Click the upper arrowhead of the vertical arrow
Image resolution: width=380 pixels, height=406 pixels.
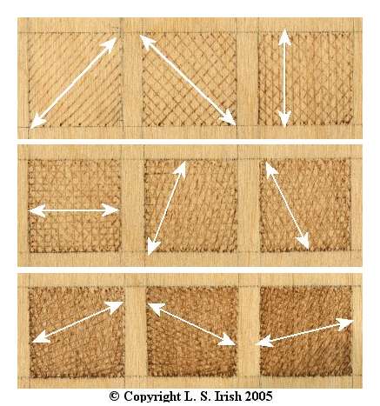pos(284,37)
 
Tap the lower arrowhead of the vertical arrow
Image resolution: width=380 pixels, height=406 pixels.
pos(284,119)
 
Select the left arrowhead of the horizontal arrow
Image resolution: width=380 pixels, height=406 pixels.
pos(37,210)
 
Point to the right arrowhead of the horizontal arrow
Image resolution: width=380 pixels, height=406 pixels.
pos(111,210)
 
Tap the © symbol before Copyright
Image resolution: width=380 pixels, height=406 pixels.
pos(115,396)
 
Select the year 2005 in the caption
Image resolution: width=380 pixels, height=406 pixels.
pos(259,396)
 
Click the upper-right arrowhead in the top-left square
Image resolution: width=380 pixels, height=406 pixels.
pos(110,44)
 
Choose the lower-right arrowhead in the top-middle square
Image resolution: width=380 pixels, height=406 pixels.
pos(228,118)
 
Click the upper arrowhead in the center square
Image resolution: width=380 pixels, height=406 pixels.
pos(181,170)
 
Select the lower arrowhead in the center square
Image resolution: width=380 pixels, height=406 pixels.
pos(152,247)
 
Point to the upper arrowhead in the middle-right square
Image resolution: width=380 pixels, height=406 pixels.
pos(270,170)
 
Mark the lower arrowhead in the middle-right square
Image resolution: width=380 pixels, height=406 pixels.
pos(303,241)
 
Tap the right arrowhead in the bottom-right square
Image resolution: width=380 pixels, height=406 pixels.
pos(344,324)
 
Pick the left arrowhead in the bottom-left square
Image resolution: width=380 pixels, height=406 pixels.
pos(41,336)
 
